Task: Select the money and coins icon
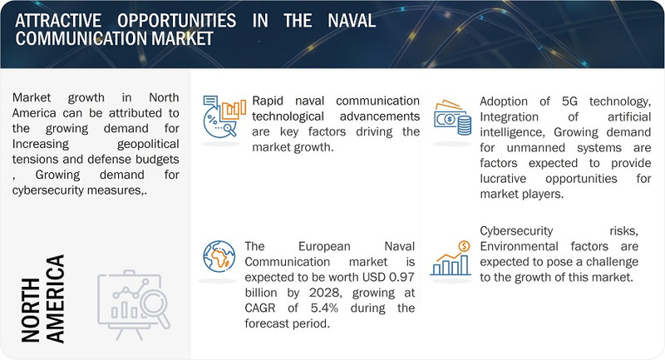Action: click(452, 121)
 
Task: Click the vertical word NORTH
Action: click(31, 308)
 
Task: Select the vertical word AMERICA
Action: click(56, 298)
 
